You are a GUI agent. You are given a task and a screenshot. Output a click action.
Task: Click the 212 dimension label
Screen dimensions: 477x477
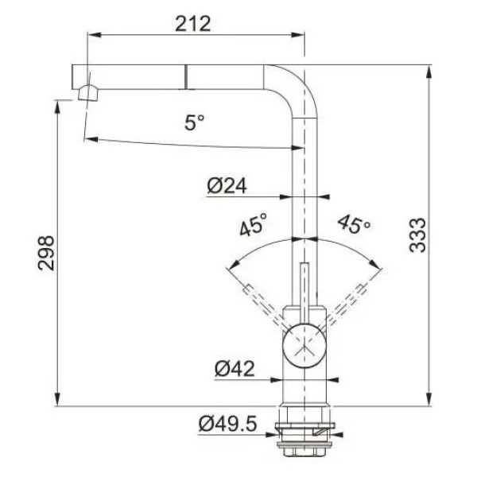pyautogui.click(x=193, y=24)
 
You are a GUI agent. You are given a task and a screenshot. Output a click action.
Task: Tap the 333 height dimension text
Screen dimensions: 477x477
pyautogui.click(x=417, y=235)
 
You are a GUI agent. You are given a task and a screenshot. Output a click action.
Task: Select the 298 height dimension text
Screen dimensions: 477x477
pyautogui.click(x=46, y=253)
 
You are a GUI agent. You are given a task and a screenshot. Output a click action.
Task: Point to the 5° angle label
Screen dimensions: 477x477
pyautogui.click(x=195, y=122)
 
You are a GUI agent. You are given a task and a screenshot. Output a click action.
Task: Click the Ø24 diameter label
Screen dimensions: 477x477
pyautogui.click(x=227, y=186)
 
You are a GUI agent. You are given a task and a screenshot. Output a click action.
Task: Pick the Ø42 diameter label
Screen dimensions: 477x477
pyautogui.click(x=235, y=369)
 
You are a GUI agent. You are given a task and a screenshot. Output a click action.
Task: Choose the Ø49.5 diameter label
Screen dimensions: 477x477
pyautogui.click(x=228, y=424)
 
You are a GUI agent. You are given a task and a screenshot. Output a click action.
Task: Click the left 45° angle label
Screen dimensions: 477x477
pyautogui.click(x=253, y=224)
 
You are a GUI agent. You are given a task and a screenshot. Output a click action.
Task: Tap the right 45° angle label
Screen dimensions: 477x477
pyautogui.click(x=354, y=223)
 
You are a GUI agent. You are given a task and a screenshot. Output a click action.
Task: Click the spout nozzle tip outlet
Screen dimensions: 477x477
pyautogui.click(x=88, y=93)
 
